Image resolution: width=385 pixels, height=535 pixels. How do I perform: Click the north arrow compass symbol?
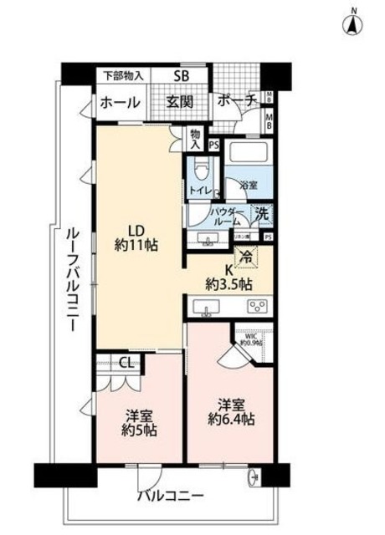coord(353,23)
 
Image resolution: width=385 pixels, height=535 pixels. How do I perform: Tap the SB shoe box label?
coord(181,76)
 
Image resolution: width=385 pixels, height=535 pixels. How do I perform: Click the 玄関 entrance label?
coord(178,102)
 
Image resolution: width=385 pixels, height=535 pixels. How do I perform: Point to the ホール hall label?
coord(119,103)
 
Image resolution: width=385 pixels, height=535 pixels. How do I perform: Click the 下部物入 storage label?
coord(122,75)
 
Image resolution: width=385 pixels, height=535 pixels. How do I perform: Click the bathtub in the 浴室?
coord(249,155)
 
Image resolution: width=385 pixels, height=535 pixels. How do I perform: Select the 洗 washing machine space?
coord(263,214)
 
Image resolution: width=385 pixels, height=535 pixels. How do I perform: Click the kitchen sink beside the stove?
coord(206,308)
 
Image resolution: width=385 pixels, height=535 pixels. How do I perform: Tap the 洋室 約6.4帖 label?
coord(229,411)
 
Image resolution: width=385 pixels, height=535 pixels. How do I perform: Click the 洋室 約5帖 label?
coord(137,423)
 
